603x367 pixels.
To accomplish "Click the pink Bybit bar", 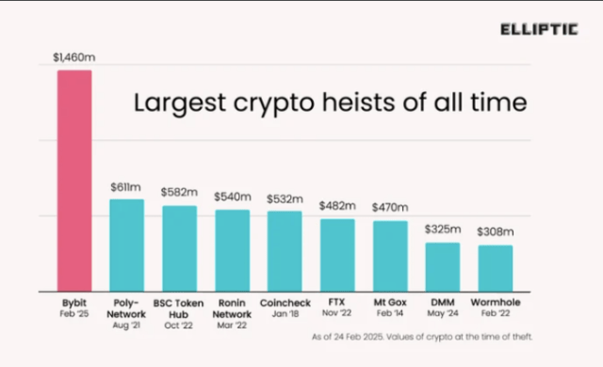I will pyautogui.click(x=73, y=180).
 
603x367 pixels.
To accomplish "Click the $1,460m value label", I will pyautogui.click(x=73, y=58).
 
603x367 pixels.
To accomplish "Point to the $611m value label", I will pyautogui.click(x=126, y=188).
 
